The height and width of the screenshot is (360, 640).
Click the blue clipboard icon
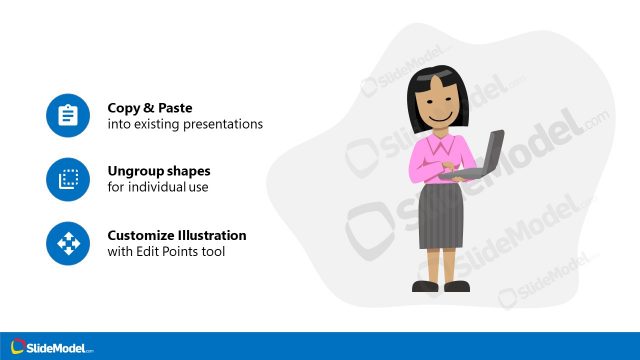pyautogui.click(x=68, y=116)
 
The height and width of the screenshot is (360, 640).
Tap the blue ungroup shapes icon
pyautogui.click(x=68, y=180)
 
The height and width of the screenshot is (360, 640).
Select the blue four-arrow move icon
pyautogui.click(x=68, y=244)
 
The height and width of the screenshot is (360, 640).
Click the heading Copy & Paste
pyautogui.click(x=150, y=107)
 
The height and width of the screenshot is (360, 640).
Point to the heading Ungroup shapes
pyautogui.click(x=159, y=171)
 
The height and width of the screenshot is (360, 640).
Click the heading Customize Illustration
pyautogui.click(x=177, y=235)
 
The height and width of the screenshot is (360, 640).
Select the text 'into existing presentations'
pyautogui.click(x=185, y=125)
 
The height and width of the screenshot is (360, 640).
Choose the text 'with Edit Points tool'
pyautogui.click(x=166, y=252)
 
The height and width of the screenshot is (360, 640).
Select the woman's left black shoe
pyautogui.click(x=424, y=287)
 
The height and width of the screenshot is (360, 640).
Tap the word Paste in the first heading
pyautogui.click(x=175, y=107)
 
